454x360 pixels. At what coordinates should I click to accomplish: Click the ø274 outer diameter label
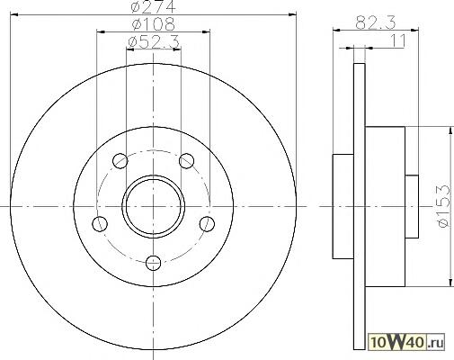point(153,6)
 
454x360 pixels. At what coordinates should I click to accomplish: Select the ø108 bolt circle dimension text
point(153,23)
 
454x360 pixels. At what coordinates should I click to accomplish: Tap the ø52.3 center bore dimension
point(154,42)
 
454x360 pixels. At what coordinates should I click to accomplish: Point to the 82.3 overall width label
point(376,22)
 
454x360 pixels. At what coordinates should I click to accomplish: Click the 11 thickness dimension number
point(398,40)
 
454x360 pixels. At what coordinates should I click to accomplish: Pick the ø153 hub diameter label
point(444,206)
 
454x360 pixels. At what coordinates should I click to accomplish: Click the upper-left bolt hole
point(120,161)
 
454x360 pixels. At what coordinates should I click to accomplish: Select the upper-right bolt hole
point(186,161)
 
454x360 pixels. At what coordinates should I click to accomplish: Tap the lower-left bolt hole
point(100,224)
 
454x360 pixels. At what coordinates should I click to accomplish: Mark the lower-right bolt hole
point(207,224)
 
